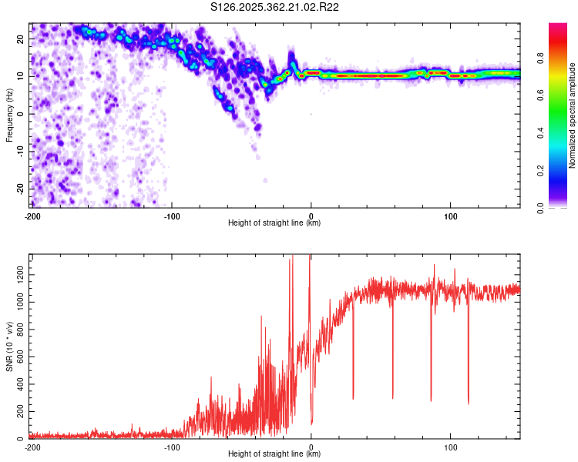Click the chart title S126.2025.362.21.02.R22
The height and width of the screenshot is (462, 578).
(x=275, y=8)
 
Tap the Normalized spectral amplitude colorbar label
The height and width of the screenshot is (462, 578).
(x=572, y=115)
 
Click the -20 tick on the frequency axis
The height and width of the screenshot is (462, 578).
(x=19, y=189)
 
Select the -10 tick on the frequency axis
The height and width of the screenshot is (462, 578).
(x=19, y=151)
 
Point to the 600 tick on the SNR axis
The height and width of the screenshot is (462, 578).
(x=18, y=357)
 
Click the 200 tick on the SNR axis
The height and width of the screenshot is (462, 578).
(x=18, y=412)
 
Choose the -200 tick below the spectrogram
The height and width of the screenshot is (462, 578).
(x=32, y=216)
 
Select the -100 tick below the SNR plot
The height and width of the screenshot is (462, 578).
(x=171, y=447)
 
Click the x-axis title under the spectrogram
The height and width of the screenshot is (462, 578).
(x=275, y=223)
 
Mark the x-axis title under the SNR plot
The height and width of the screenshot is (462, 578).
(x=275, y=454)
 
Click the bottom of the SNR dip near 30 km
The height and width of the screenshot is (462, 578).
(x=353, y=398)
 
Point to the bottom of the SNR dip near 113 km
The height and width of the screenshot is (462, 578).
(x=469, y=403)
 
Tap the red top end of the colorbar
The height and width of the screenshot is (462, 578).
(x=559, y=26)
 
